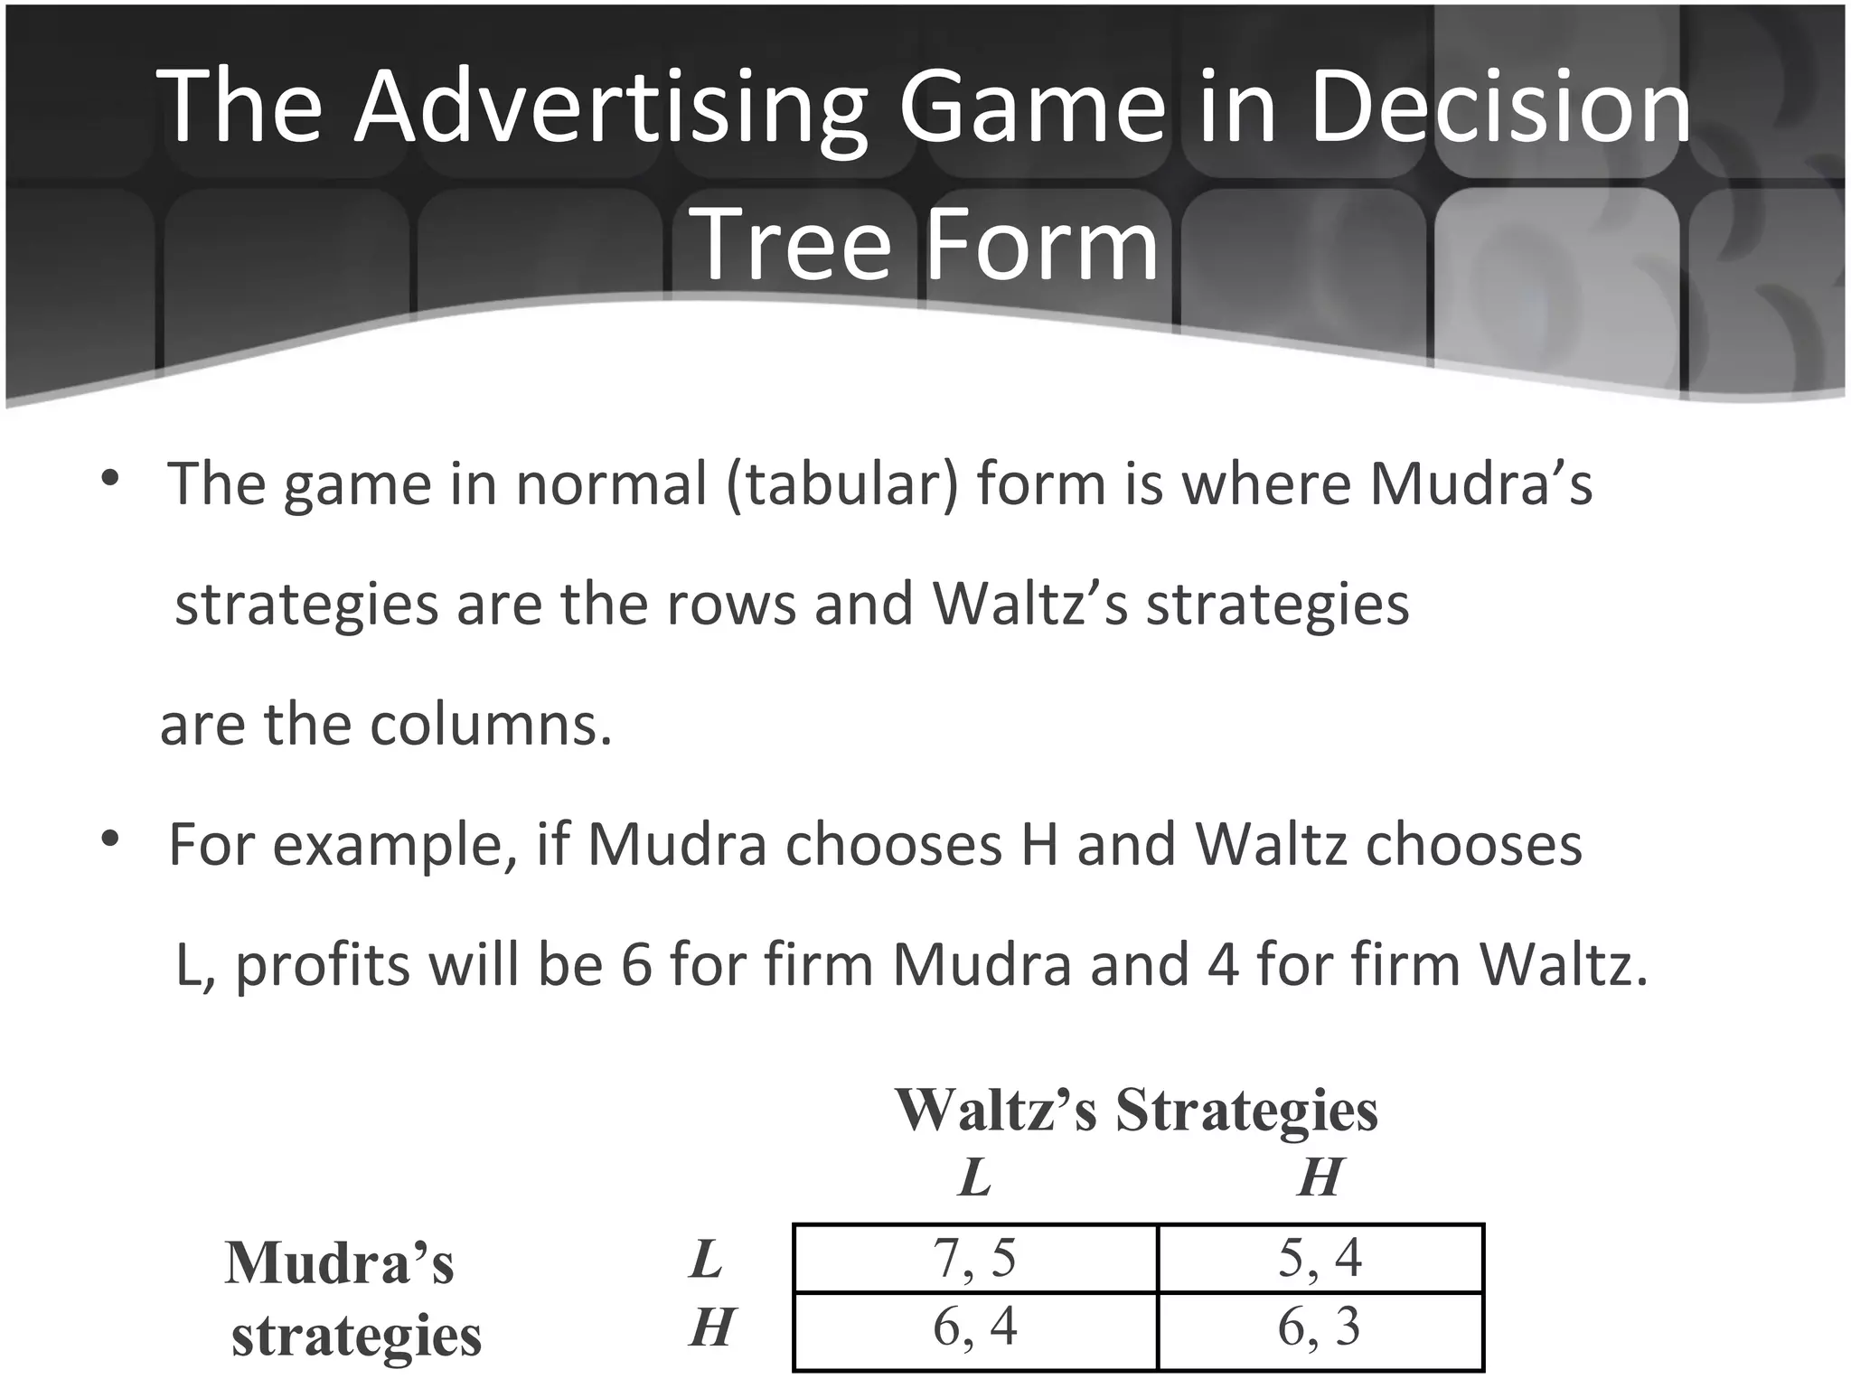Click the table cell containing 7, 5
[x=974, y=1258]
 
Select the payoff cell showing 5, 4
[x=1320, y=1258]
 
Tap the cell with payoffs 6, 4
[x=974, y=1327]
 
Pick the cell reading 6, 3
[x=1320, y=1327]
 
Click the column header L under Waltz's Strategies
[x=974, y=1177]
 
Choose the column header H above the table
[x=1320, y=1177]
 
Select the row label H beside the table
[x=710, y=1328]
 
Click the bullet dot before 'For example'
[x=110, y=840]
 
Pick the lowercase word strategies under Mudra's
[x=356, y=1336]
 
